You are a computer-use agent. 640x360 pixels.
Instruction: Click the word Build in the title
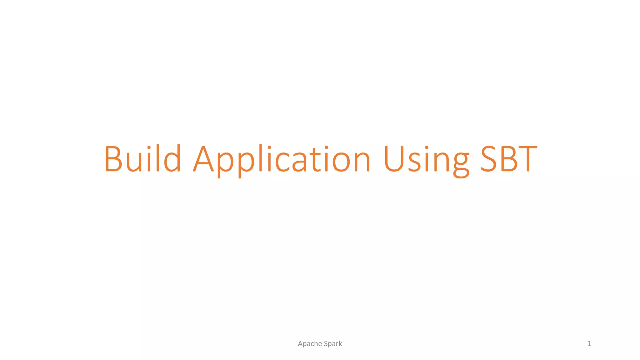(142, 158)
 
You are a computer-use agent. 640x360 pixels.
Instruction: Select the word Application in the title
(282, 159)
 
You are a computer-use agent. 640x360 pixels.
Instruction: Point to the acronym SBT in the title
(509, 158)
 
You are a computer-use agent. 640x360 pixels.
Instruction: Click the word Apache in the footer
(310, 344)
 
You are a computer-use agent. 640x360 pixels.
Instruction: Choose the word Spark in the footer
(333, 344)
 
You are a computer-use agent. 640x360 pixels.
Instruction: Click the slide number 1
(589, 344)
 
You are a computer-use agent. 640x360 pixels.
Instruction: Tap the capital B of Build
(113, 158)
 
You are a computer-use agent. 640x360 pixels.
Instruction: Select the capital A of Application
(203, 158)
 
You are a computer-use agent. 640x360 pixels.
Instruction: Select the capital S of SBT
(489, 158)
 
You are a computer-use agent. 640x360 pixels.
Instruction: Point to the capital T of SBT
(527, 158)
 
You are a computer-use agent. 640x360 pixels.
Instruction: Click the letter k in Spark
(340, 344)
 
